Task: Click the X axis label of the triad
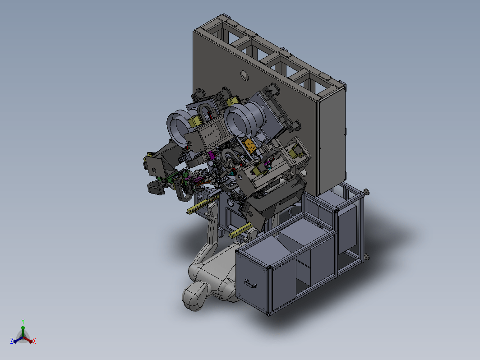pos(34,341)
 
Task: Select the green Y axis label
pos(23,321)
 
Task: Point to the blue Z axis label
pos(12,341)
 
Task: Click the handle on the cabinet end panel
pos(251,285)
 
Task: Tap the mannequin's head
pos(195,296)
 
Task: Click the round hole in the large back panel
pos(245,75)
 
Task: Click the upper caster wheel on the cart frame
pos(366,192)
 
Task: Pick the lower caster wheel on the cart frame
pos(366,257)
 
